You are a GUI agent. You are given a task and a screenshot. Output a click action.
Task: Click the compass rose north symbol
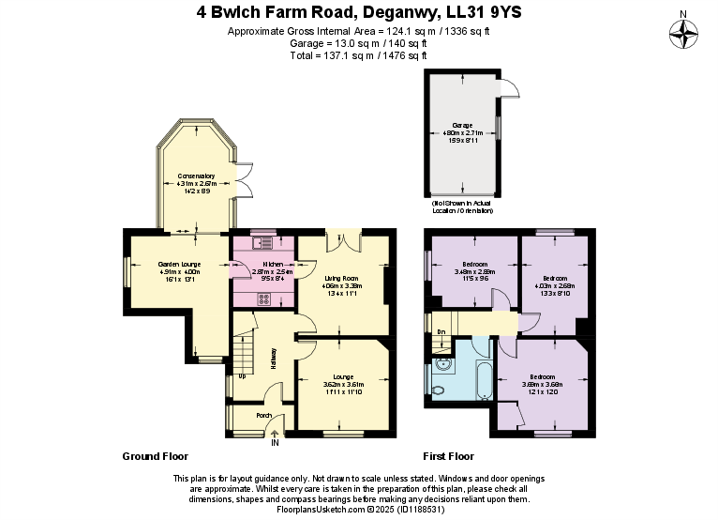point(685,34)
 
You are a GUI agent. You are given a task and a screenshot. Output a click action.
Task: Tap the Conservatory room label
point(196,176)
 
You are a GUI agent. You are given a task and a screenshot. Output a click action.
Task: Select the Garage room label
point(462,125)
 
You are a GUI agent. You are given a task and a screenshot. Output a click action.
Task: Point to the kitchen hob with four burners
point(263,299)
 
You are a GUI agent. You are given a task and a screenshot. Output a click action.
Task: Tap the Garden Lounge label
point(178,265)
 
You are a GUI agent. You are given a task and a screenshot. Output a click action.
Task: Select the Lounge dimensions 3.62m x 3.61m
point(344,384)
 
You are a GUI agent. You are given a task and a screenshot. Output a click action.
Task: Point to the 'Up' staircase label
point(243,376)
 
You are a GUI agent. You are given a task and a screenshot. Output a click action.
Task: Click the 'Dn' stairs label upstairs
point(441,331)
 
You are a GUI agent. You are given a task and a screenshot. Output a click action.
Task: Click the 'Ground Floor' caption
point(156,456)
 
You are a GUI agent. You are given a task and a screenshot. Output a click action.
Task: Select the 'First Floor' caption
point(448,456)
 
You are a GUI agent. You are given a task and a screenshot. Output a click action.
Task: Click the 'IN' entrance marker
point(275,442)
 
